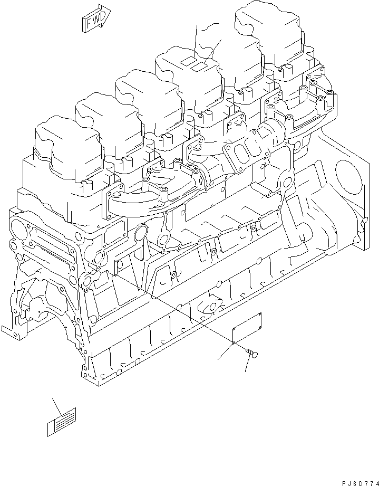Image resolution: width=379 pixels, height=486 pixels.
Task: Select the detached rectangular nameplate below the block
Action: [x=248, y=327]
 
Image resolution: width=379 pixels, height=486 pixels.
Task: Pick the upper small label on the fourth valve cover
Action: [x=187, y=62]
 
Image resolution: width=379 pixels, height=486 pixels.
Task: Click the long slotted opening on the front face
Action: [x=50, y=253]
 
